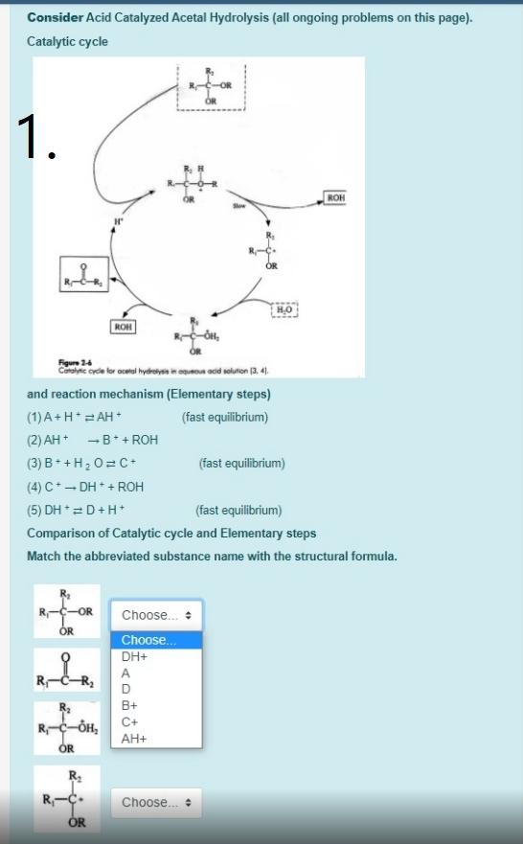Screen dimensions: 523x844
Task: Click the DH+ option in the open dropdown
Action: click(x=134, y=657)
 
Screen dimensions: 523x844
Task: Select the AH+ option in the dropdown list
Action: click(x=134, y=739)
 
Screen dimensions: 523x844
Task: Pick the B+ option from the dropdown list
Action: click(x=130, y=705)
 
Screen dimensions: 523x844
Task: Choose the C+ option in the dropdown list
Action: click(x=130, y=721)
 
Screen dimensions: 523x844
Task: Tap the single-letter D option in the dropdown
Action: click(x=125, y=689)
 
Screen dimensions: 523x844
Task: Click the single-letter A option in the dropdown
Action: click(x=125, y=673)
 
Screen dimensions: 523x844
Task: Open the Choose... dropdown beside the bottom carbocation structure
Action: click(x=156, y=803)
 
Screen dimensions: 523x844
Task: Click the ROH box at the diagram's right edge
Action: click(x=335, y=197)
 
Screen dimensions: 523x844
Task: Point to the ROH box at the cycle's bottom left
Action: click(x=124, y=327)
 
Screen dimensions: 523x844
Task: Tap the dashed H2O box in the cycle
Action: click(x=284, y=309)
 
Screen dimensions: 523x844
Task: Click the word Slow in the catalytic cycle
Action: click(x=239, y=206)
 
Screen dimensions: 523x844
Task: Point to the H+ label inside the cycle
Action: click(x=120, y=220)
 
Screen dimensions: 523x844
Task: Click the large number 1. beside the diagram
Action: click(x=37, y=138)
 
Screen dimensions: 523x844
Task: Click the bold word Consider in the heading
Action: click(x=55, y=18)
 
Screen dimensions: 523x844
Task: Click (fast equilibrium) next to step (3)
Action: click(x=241, y=464)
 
